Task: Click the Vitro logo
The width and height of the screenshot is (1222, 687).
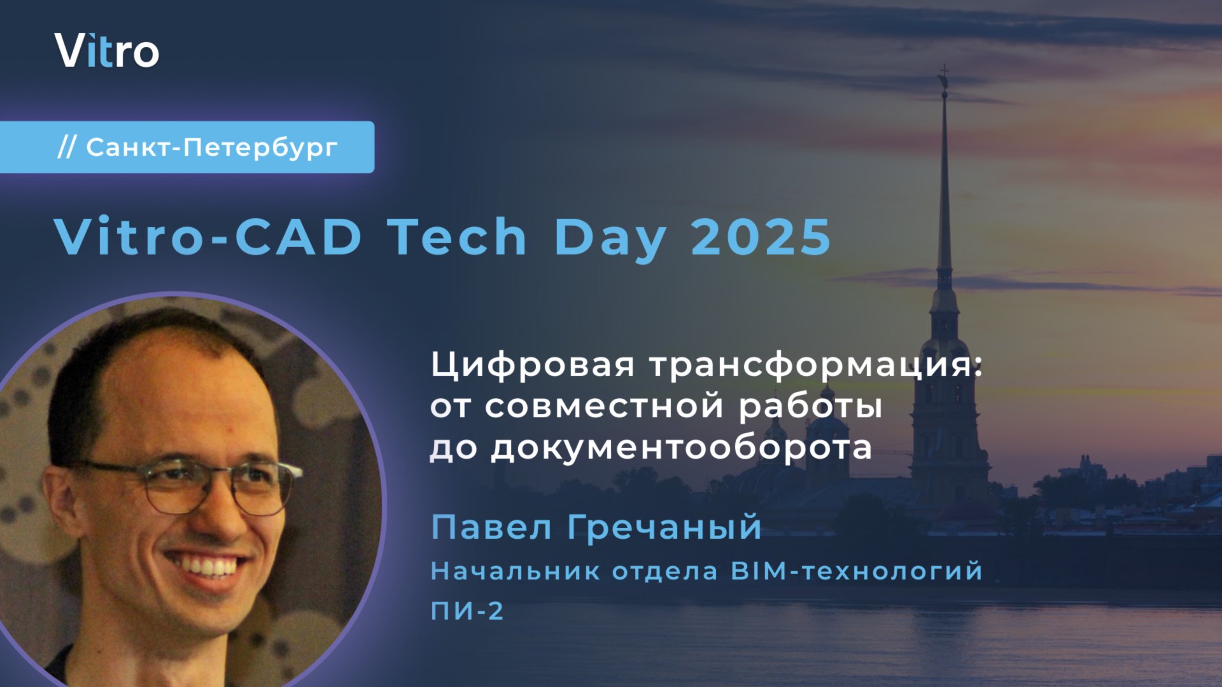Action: coord(106,51)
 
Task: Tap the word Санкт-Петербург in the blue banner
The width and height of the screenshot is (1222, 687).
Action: coord(211,148)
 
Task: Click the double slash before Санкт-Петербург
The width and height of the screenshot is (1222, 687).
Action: coord(66,148)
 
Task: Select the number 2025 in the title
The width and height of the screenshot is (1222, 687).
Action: coord(761,237)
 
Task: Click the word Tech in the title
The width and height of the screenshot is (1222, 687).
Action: coord(458,237)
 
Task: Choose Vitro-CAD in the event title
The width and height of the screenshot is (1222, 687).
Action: coord(208,237)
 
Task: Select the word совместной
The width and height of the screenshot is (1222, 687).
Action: coord(603,406)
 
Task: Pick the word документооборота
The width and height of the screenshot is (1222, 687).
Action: coord(681,448)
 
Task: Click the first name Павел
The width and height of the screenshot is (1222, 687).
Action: coord(491,527)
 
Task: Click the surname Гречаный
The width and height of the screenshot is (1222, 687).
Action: coord(664,527)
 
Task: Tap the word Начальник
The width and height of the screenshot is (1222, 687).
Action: coord(515,571)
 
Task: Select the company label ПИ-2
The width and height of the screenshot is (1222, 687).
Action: coord(467,611)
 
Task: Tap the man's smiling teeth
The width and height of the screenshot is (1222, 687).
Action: coord(207,564)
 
